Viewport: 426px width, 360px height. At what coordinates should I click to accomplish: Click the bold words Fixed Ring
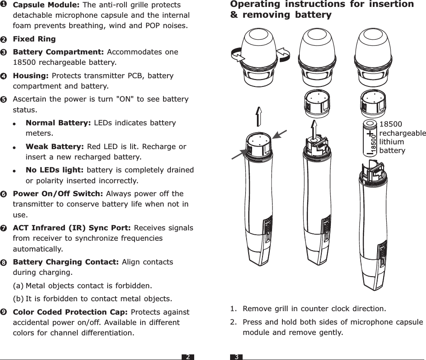pos(34,39)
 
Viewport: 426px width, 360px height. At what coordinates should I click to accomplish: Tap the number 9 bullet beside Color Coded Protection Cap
pos(3,312)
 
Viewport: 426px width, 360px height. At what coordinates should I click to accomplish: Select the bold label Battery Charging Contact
pos(66,262)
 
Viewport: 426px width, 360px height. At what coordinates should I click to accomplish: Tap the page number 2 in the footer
pos(188,357)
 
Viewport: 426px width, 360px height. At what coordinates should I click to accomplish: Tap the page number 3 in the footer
pos(237,357)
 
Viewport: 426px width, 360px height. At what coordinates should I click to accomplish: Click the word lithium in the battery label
pos(391,142)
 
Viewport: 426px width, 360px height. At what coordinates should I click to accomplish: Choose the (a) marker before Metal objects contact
pos(18,286)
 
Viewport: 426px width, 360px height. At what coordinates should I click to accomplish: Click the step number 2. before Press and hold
pos(234,322)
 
